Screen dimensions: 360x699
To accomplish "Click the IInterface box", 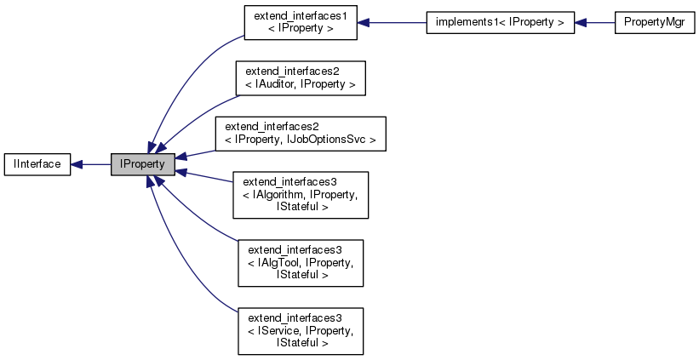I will click(37, 164).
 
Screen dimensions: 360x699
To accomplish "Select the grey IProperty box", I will click(142, 164).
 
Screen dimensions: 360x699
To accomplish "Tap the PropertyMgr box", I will click(649, 22).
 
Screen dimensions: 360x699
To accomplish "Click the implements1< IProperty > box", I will click(500, 22).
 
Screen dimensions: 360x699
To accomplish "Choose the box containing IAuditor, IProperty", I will click(301, 77).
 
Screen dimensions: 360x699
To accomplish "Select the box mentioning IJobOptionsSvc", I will click(301, 134).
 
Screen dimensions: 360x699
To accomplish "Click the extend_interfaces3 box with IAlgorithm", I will click(301, 196).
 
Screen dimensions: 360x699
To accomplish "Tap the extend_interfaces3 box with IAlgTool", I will click(301, 263).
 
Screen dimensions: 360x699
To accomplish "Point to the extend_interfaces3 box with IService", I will click(301, 331).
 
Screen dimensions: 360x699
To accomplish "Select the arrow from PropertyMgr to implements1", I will click(594, 22).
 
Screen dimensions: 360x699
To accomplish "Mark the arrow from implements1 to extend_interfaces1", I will click(392, 22).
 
